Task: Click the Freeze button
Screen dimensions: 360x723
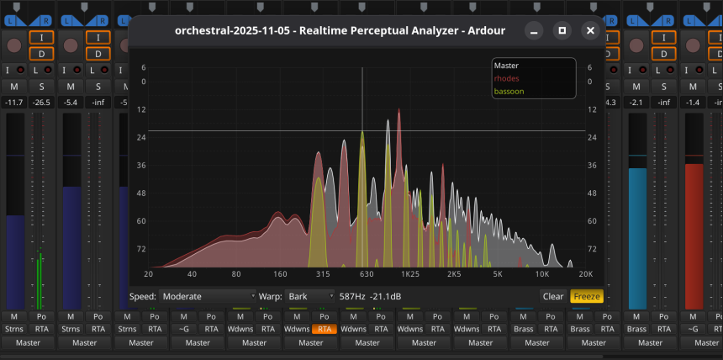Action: (587, 296)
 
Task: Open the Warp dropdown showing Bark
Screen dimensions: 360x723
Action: (309, 296)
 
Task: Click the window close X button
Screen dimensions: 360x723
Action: (590, 31)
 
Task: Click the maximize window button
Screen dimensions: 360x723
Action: (562, 31)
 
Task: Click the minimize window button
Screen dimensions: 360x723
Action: (534, 31)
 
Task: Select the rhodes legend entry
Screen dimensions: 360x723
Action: (507, 78)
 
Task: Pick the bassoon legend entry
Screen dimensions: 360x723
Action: (509, 91)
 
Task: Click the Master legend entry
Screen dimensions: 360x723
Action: (506, 66)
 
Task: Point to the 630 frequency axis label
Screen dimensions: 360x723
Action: (367, 274)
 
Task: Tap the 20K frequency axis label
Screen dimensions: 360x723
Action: (585, 274)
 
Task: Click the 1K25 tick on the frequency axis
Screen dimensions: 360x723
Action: (410, 274)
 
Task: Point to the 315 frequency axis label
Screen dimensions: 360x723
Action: (323, 274)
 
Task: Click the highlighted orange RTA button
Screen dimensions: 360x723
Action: (325, 330)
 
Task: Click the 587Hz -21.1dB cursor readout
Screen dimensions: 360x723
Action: (375, 296)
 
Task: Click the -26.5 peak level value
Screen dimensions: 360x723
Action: (40, 103)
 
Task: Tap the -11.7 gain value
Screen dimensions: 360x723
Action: (13, 103)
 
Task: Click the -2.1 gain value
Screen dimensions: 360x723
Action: (636, 103)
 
